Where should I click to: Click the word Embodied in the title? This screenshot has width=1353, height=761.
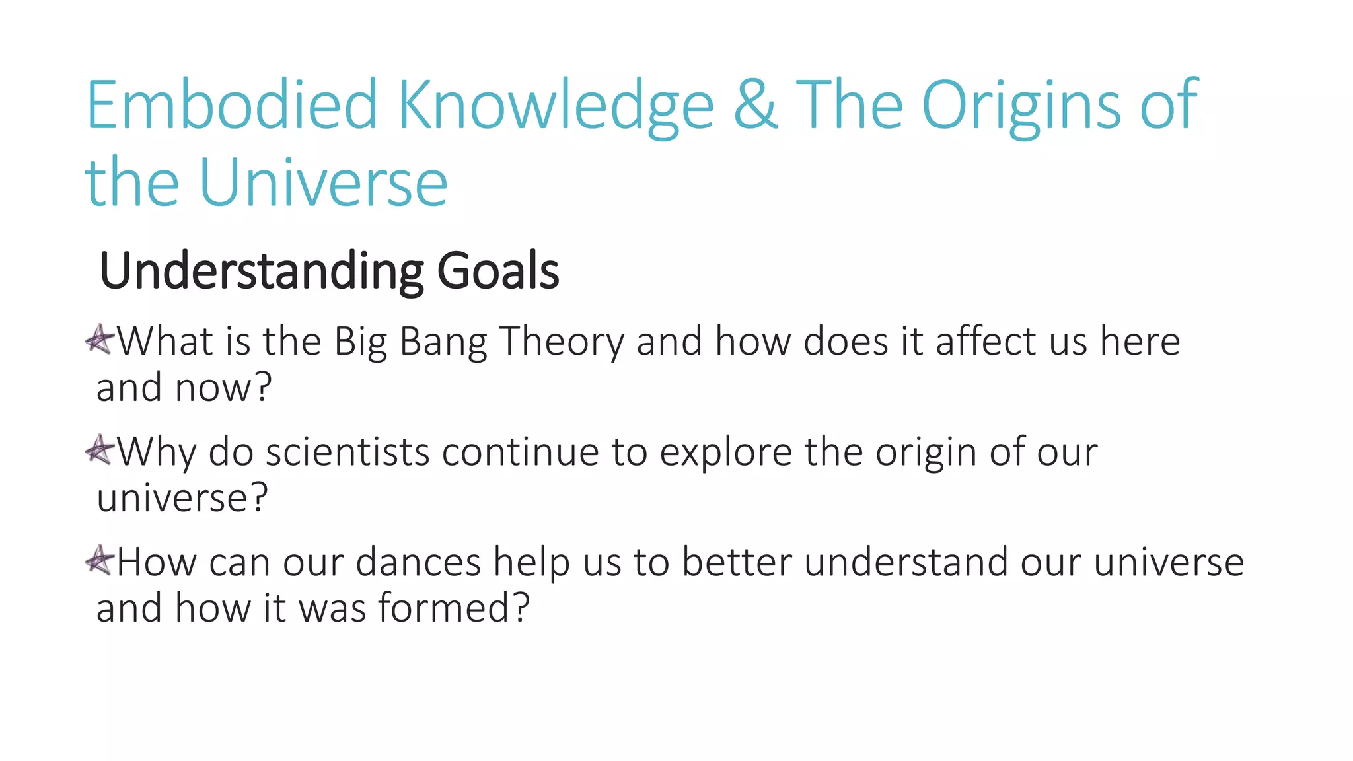point(231,106)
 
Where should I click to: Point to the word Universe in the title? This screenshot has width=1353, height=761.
point(323,183)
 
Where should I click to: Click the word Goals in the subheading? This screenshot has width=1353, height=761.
point(498,271)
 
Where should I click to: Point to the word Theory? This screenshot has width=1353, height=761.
point(562,343)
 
